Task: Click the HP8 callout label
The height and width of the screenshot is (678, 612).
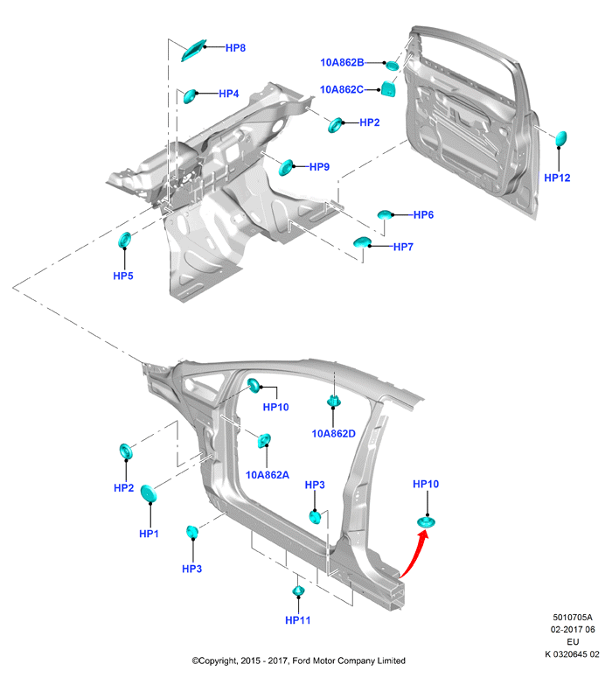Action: click(235, 48)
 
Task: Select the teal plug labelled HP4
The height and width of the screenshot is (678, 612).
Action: click(190, 96)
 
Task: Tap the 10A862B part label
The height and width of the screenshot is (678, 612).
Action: click(342, 63)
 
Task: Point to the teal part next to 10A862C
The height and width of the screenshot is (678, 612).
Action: click(388, 88)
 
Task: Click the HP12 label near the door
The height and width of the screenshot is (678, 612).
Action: click(557, 178)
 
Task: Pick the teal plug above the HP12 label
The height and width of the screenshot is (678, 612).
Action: click(560, 138)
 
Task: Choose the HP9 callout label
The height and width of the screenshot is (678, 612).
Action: click(319, 167)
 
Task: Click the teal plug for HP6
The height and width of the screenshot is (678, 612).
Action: click(385, 214)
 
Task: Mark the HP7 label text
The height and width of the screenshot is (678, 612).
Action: click(403, 247)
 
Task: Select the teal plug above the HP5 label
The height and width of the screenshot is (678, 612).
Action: click(124, 240)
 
